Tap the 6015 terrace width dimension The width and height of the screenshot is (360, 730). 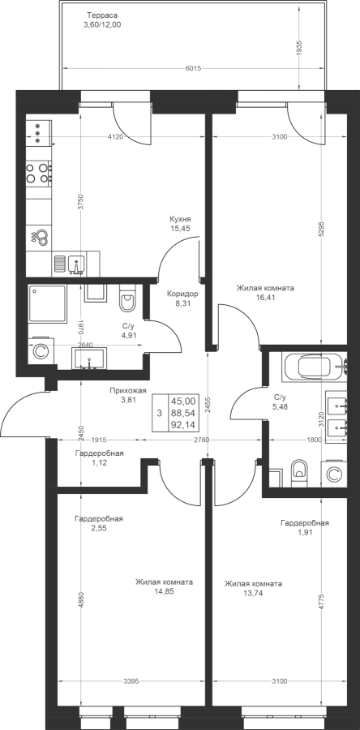(192, 68)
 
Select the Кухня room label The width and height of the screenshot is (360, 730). (181, 219)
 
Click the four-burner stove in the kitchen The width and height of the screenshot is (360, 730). (39, 172)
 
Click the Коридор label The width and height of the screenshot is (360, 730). (182, 294)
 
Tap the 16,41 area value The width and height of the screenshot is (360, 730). (265, 298)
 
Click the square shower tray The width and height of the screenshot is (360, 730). (47, 304)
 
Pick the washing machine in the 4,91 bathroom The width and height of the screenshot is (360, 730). (40, 351)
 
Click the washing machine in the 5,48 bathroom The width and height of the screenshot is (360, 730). (333, 474)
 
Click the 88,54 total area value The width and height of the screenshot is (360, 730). (182, 413)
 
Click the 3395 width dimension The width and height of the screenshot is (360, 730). (131, 682)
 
